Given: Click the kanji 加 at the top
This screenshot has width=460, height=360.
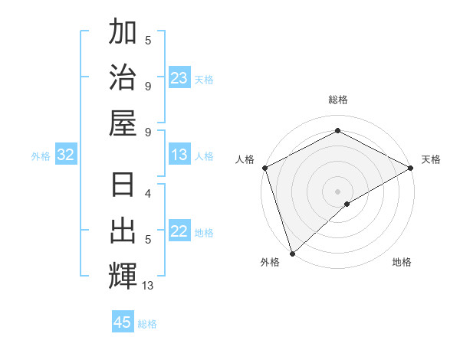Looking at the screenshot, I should [x=123, y=33].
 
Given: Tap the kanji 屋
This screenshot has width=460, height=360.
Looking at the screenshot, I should [x=123, y=120].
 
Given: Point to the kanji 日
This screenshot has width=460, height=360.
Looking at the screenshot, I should [x=123, y=187].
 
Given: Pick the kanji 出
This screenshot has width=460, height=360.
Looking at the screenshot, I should [x=123, y=231].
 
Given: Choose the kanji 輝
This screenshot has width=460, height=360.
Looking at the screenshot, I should [x=123, y=275].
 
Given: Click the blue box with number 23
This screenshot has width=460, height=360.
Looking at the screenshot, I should [x=179, y=78].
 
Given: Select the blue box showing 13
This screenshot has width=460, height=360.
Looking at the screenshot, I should [x=179, y=155].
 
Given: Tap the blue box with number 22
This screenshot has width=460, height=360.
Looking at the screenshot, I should [x=179, y=232].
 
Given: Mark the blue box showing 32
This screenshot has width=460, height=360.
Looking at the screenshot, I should [x=66, y=155].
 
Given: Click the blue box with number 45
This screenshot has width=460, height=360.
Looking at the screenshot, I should [x=123, y=322].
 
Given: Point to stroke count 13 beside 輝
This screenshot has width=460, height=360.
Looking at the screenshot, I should [x=147, y=286].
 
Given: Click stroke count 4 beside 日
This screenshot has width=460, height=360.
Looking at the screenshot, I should [x=147, y=194].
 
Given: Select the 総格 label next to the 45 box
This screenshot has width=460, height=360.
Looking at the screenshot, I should [x=147, y=324].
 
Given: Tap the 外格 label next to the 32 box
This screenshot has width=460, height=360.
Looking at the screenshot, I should [x=41, y=156].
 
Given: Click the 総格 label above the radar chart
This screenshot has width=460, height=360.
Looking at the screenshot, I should [x=337, y=100].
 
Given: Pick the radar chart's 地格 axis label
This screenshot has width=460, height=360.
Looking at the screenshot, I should [x=402, y=262].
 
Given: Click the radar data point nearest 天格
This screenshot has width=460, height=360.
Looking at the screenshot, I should [x=411, y=168].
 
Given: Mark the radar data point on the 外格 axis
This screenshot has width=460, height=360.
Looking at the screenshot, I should [x=292, y=253].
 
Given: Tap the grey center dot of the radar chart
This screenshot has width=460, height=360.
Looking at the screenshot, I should [x=337, y=191].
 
